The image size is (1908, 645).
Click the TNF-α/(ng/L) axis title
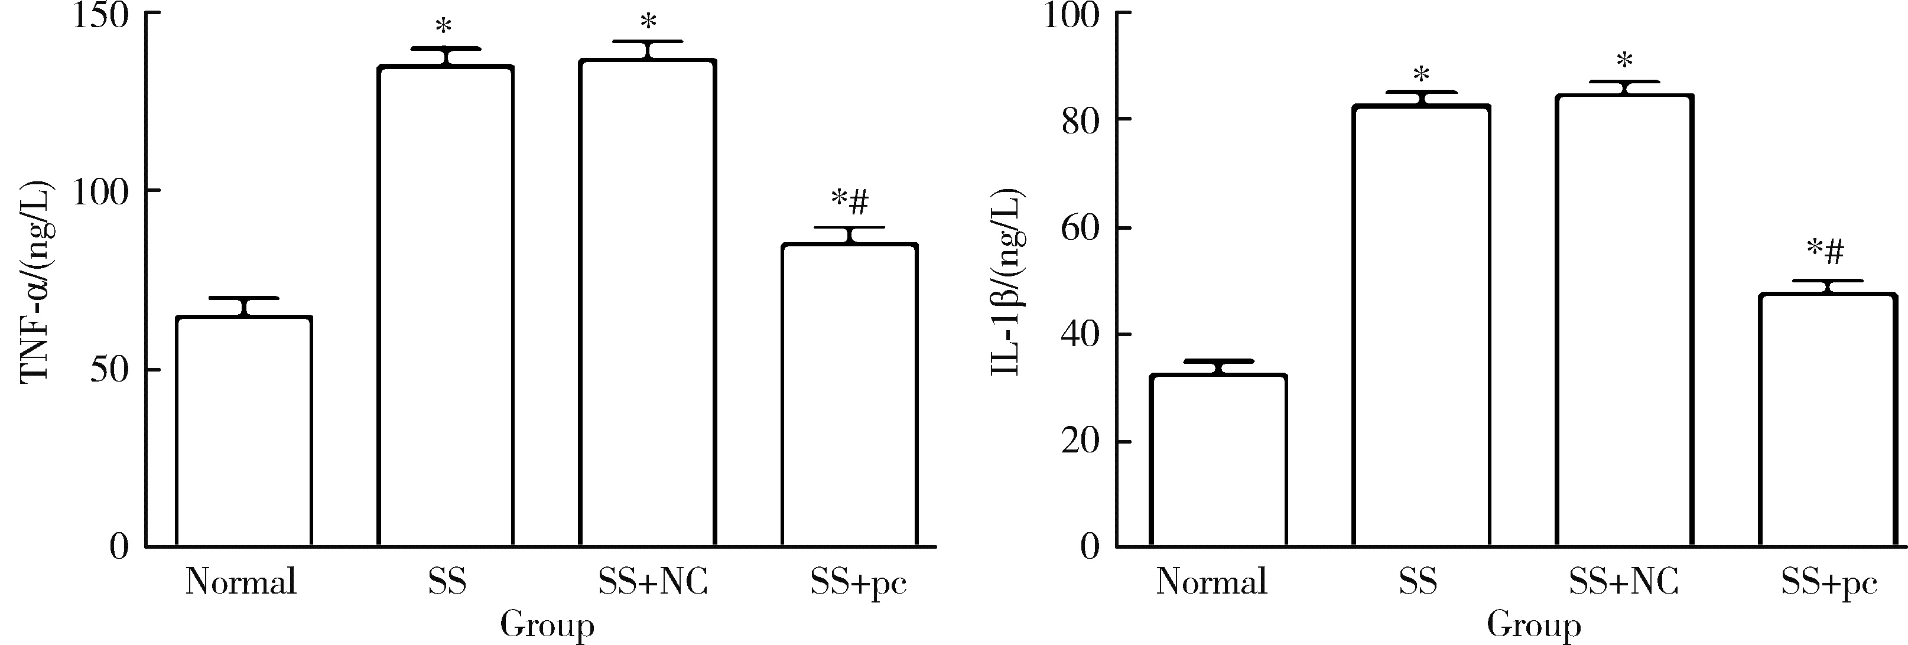(x=37, y=281)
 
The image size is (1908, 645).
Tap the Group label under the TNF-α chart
(x=547, y=626)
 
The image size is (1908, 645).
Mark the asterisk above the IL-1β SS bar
(x=1421, y=75)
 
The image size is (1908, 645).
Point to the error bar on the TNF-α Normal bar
(x=243, y=306)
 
